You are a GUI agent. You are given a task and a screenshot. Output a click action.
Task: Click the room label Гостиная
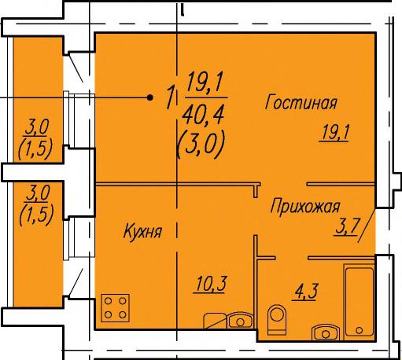pos(301,102)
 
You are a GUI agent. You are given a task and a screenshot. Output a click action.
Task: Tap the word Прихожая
pos(305,207)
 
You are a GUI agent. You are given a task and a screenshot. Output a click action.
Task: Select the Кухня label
pos(142,231)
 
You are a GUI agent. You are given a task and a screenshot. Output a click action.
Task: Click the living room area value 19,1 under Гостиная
pos(334,132)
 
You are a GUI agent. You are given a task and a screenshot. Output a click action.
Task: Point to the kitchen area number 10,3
pos(209,284)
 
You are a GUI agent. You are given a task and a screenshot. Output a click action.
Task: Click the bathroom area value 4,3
pos(305,292)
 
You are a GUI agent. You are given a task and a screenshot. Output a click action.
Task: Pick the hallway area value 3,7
pos(346,227)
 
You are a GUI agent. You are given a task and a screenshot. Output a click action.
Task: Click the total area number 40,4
pos(204,116)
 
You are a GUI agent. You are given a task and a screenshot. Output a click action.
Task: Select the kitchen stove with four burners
pos(116,308)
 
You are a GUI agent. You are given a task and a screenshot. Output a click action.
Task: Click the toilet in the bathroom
pos(277,319)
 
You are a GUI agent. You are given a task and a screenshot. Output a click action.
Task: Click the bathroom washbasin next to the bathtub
pos(326,332)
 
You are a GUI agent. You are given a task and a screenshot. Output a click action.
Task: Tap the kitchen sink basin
pos(240,320)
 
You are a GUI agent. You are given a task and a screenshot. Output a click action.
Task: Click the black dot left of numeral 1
pos(150,97)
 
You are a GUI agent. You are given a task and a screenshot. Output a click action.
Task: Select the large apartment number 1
pos(171,97)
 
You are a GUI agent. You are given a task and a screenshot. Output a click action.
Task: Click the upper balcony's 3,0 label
pos(36,128)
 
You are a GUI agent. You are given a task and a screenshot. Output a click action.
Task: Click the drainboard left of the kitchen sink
pos(215,321)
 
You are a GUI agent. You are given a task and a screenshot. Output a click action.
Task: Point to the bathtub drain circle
pos(360,330)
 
